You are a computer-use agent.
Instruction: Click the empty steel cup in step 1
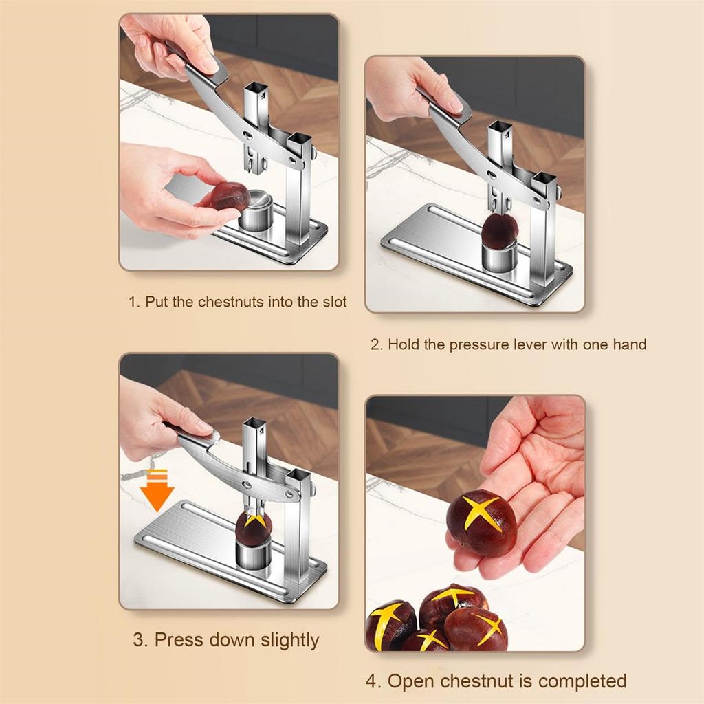point(256,212)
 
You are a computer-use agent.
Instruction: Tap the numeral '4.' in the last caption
point(373,681)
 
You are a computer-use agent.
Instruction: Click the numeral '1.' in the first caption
point(134,302)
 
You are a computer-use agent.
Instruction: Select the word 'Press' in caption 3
point(179,640)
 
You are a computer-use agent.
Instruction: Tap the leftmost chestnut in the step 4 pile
point(390,624)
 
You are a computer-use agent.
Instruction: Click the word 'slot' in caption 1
point(333,302)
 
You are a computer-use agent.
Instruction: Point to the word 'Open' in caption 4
point(410,681)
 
